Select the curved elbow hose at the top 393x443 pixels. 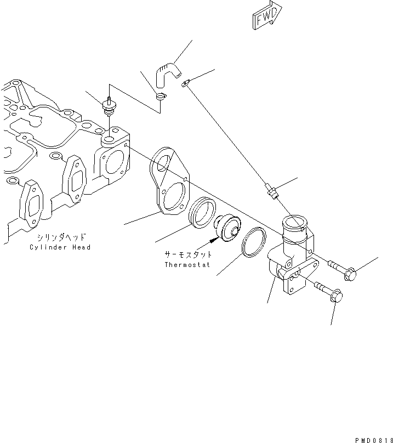coord(167,74)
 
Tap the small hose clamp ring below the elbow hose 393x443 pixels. coord(161,97)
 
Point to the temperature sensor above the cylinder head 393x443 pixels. coord(109,107)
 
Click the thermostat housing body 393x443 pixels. coord(291,258)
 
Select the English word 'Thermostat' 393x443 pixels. coord(187,265)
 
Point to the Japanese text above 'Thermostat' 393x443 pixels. coord(187,255)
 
